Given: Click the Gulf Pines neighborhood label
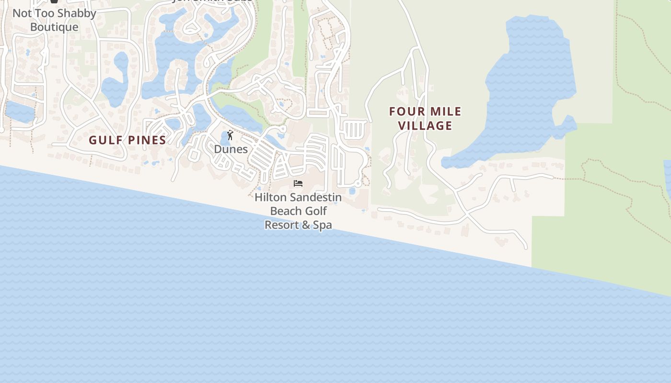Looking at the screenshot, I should tap(127, 140).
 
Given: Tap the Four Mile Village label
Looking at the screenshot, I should tap(425, 118).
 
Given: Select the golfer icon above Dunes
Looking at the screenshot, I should tap(230, 135).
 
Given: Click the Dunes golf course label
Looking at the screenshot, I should tap(231, 149).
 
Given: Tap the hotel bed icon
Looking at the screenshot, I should tap(298, 183).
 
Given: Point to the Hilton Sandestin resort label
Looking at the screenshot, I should tap(298, 211).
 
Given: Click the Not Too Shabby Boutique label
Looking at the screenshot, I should tap(54, 20).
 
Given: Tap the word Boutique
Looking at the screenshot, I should tap(54, 27).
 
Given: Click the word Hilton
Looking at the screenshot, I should tap(270, 197).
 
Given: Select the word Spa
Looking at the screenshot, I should tap(323, 225).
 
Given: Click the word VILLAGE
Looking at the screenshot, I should tap(425, 125).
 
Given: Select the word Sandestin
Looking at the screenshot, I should tap(315, 197).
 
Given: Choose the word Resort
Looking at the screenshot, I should tap(280, 225).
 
